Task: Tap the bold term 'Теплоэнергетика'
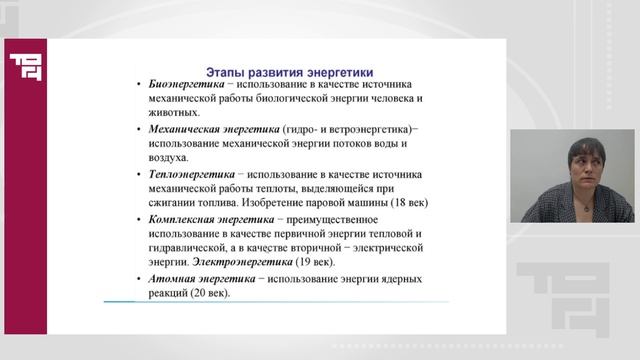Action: click(190, 173)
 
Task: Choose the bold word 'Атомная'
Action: click(173, 279)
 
